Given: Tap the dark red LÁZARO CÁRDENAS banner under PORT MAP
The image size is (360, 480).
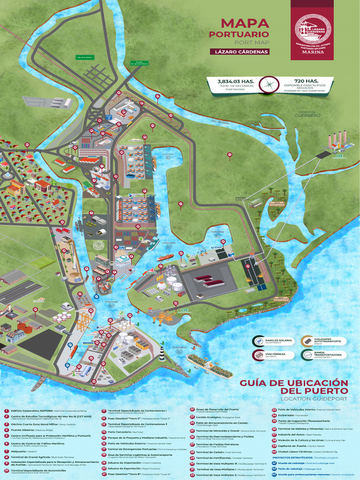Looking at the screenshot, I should coord(239,52).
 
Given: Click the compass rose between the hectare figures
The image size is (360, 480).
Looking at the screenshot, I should coord(269,85).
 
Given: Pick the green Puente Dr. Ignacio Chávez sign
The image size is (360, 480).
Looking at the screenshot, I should coord(139,62).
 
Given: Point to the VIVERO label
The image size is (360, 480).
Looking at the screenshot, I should coord(240,198).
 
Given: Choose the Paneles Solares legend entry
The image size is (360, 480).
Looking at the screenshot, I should coord(275,341).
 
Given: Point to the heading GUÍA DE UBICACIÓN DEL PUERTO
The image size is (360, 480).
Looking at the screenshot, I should coord(294,387).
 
